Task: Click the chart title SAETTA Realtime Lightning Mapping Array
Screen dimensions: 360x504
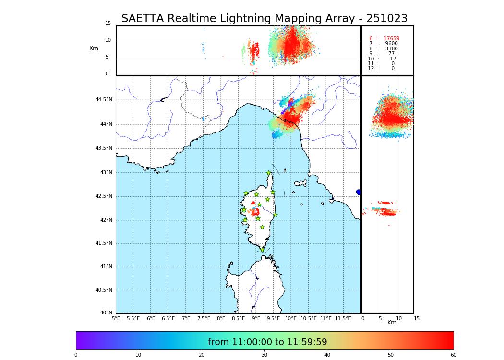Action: (x=264, y=19)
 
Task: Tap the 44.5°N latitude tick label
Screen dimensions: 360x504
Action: (x=104, y=100)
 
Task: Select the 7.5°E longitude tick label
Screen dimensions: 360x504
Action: (x=204, y=318)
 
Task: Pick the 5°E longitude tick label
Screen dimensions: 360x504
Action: (x=116, y=318)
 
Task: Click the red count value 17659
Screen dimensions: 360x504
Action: (x=391, y=39)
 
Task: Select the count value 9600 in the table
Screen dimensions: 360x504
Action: (x=391, y=44)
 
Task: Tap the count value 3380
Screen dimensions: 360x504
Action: (x=391, y=49)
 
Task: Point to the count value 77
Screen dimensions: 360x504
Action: (x=391, y=54)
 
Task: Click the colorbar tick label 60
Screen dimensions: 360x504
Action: (x=453, y=355)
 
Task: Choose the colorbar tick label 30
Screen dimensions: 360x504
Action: (x=264, y=355)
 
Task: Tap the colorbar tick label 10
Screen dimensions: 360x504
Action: (x=138, y=355)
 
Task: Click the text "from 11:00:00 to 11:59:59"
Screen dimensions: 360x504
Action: (x=267, y=342)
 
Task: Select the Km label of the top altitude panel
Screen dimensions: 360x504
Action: (x=94, y=48)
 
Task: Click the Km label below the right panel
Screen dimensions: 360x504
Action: (x=392, y=323)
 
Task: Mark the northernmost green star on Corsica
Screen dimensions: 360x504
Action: (x=269, y=173)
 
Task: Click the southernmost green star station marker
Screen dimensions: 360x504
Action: (x=262, y=250)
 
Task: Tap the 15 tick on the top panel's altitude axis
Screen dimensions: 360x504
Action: (x=108, y=24)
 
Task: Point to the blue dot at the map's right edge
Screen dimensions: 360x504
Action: (x=359, y=192)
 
